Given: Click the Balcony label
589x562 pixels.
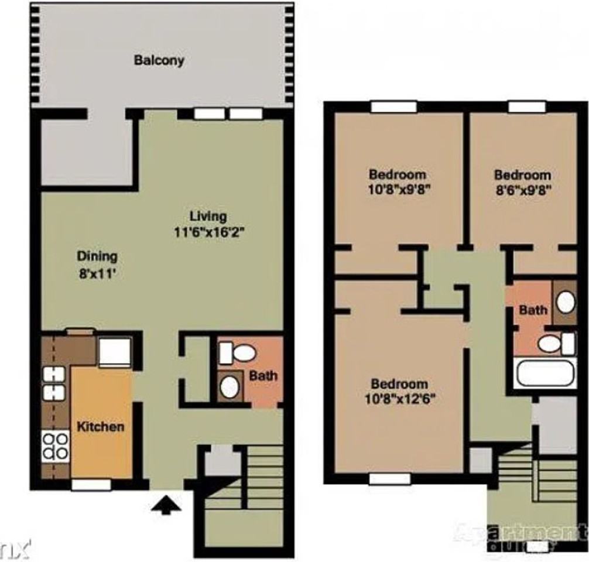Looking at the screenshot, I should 159,60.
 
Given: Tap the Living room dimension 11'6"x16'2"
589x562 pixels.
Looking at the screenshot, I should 208,231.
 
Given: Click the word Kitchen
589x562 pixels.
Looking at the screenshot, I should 101,426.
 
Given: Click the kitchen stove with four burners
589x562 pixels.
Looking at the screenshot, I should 56,445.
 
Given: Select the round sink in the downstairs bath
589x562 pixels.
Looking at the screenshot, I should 229,386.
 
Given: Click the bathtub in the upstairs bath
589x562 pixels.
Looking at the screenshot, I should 546,373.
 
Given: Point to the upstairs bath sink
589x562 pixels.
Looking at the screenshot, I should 566,302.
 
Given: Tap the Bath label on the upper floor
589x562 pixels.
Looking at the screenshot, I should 533,310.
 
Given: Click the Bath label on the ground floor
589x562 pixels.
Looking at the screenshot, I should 263,375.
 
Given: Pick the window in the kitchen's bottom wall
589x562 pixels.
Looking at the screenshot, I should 91,485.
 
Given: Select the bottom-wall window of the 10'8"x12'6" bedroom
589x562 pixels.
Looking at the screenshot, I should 390,479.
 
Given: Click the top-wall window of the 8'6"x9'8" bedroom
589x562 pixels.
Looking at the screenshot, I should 527,107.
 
